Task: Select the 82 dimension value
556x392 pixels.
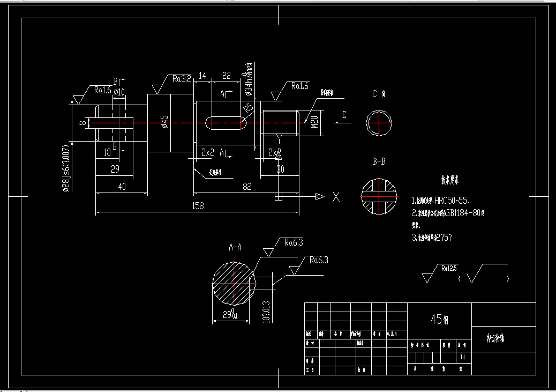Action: click(x=247, y=186)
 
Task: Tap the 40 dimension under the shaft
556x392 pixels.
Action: click(x=122, y=186)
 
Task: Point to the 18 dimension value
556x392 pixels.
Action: click(x=107, y=153)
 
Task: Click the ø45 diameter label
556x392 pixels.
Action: click(x=165, y=123)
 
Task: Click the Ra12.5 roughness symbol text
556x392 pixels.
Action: click(x=449, y=268)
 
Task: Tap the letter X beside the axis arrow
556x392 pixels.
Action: click(x=336, y=197)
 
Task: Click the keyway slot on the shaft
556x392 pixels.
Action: click(x=226, y=123)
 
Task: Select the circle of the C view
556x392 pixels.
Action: click(x=379, y=123)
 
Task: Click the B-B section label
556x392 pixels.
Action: click(x=379, y=161)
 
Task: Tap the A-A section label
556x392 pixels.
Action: click(x=235, y=248)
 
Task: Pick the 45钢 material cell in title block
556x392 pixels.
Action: click(x=439, y=320)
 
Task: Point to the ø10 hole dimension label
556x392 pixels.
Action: click(x=119, y=92)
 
